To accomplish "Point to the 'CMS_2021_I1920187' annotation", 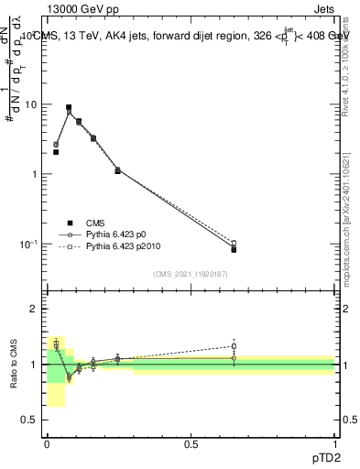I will tap(191, 274).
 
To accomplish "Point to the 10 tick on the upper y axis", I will tap(34, 104).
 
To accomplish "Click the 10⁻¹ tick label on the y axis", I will tap(31, 244).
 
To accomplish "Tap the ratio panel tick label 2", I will tap(38, 309).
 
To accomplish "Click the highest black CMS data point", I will tap(69, 107).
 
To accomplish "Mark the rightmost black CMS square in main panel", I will tap(234, 249).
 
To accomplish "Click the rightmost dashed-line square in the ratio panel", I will tap(234, 346).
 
